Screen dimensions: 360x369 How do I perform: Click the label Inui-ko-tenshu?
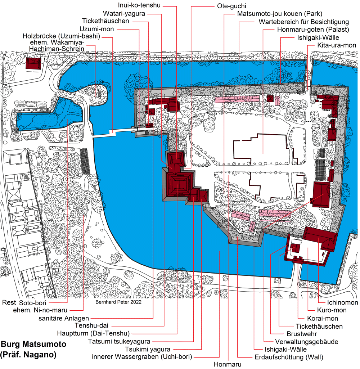pyautogui.click(x=139, y=5)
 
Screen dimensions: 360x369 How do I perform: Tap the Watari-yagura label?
pyautogui.click(x=124, y=13)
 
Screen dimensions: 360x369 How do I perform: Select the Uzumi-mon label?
pyautogui.click(x=96, y=29)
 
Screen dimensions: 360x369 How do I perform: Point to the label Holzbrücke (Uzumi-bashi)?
pyautogui.click(x=61, y=36)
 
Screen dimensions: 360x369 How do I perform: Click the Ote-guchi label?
pyautogui.click(x=231, y=6)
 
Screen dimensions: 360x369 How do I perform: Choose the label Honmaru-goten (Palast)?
pyautogui.click(x=313, y=30)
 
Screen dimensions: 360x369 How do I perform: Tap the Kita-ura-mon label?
pyautogui.click(x=337, y=45)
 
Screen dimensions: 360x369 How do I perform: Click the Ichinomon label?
pyautogui.click(x=342, y=302)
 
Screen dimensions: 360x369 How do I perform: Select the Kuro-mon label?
pyautogui.click(x=332, y=310)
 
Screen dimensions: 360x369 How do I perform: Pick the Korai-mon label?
pyautogui.click(x=322, y=318)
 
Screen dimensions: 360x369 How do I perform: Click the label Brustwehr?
pyautogui.click(x=302, y=334)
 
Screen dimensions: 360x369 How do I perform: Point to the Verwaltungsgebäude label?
pyautogui.click(x=306, y=342)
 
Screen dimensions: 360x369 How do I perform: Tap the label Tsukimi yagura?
pyautogui.click(x=148, y=350)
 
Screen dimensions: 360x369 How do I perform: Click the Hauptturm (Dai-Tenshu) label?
pyautogui.click(x=93, y=333)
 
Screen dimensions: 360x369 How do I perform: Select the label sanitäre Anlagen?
pyautogui.click(x=64, y=318)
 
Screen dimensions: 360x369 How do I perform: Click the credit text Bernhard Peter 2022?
pyautogui.click(x=118, y=302)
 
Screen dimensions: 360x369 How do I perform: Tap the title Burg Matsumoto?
pyautogui.click(x=33, y=344)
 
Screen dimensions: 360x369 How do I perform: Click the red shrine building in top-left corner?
pyautogui.click(x=33, y=63)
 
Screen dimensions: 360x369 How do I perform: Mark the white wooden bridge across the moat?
pyautogui.click(x=112, y=133)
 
